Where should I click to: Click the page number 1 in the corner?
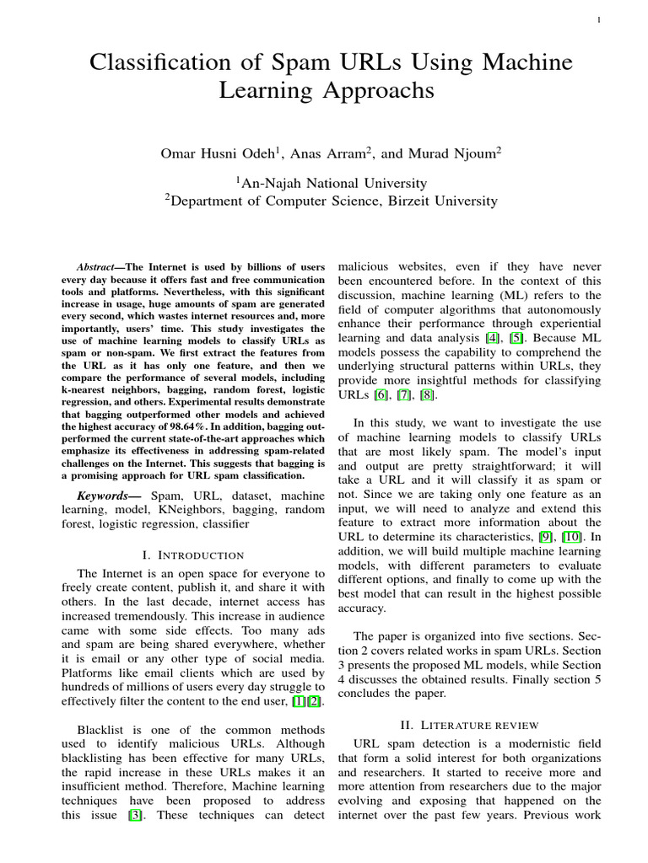pos(597,20)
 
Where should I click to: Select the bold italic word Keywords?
pos(105,496)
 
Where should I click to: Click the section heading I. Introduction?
pos(195,555)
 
